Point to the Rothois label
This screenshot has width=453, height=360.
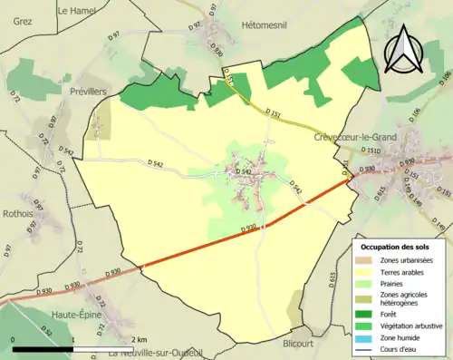click(18, 214)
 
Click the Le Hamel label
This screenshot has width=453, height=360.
click(78, 11)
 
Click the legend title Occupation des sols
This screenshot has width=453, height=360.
click(395, 247)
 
